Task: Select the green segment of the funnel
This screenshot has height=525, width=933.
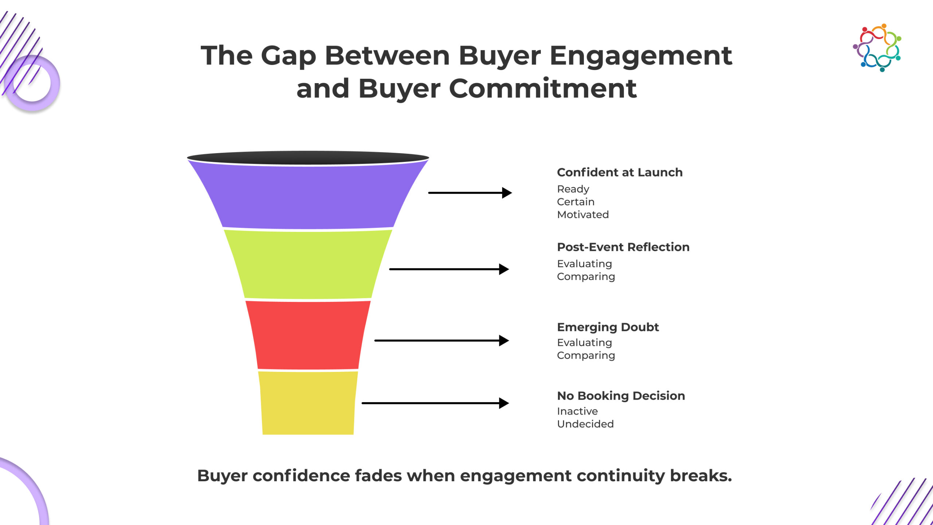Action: (308, 264)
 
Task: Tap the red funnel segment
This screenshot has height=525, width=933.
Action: (308, 335)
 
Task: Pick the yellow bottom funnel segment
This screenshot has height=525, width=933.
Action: (308, 402)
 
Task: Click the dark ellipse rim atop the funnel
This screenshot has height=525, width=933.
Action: (308, 158)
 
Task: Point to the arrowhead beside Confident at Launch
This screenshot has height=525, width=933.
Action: (507, 192)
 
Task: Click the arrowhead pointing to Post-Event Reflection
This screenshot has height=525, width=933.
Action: (504, 269)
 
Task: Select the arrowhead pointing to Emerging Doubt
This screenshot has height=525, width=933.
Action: (504, 341)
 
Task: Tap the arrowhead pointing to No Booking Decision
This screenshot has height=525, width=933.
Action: (504, 403)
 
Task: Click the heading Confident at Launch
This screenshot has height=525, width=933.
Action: (620, 172)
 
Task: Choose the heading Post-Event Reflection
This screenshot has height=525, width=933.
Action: (623, 247)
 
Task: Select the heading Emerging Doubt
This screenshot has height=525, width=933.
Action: (608, 327)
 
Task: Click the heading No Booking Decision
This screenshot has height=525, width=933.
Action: (621, 396)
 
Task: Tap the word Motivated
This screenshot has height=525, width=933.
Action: (583, 215)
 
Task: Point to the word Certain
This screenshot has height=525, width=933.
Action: (575, 202)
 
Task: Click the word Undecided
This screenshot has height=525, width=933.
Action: (585, 424)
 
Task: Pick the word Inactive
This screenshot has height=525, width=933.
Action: (577, 411)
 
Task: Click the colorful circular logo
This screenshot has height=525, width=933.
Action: (877, 48)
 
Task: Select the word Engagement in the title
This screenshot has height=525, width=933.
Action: (641, 57)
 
